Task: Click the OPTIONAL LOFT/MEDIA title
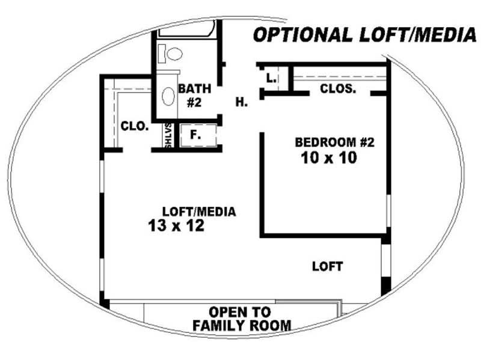[364, 35]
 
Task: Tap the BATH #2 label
[194, 96]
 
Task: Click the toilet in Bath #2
[170, 54]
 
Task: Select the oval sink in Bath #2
[168, 97]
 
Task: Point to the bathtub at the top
[187, 29]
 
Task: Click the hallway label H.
[242, 102]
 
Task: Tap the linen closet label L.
[271, 78]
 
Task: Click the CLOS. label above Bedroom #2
[338, 88]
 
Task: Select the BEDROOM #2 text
[335, 142]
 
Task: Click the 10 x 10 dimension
[329, 158]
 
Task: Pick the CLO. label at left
[135, 126]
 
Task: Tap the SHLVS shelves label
[168, 135]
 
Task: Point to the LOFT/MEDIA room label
[199, 212]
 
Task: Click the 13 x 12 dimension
[176, 225]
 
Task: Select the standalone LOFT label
[327, 266]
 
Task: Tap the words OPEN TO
[239, 312]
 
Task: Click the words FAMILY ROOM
[242, 325]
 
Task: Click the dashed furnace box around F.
[198, 135]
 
